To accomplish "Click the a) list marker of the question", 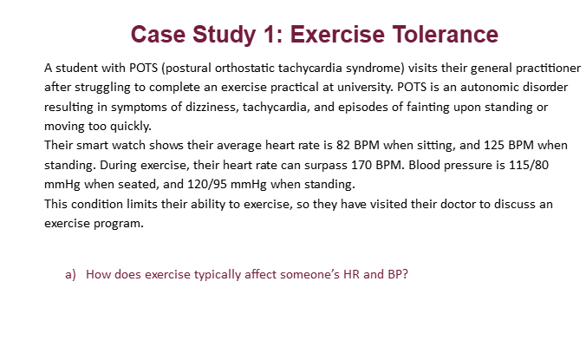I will (x=70, y=274).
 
